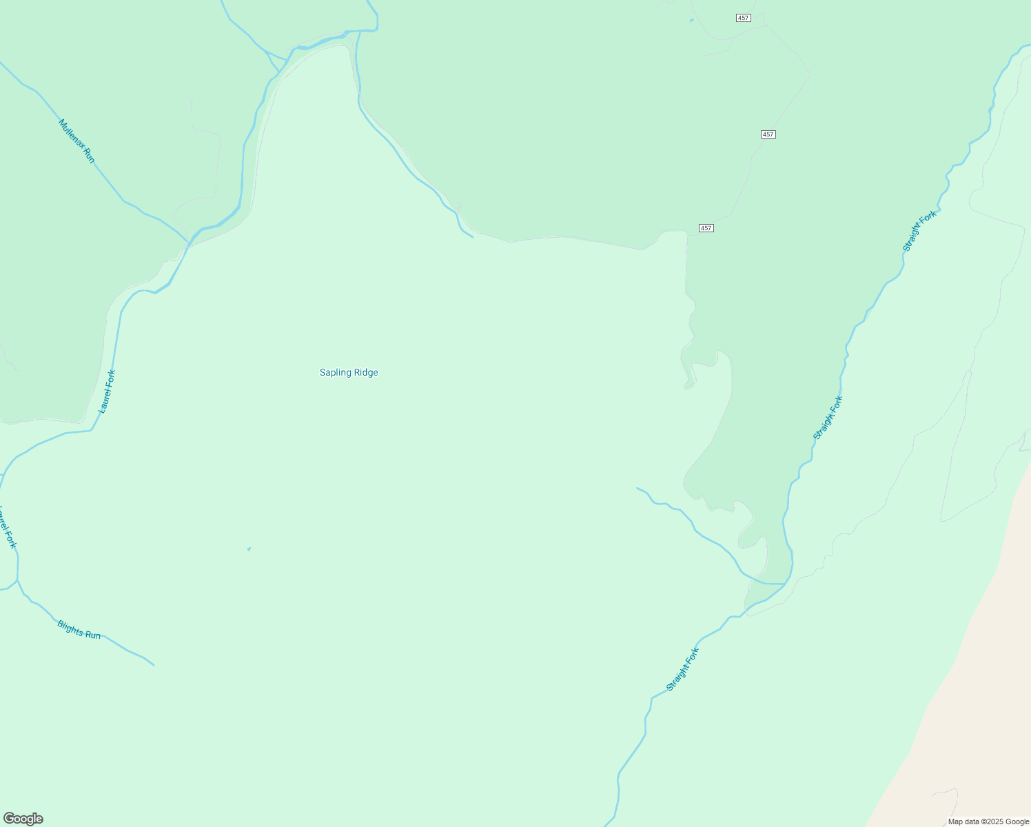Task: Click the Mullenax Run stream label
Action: (x=76, y=141)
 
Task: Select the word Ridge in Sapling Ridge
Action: (x=365, y=373)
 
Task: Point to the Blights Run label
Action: (x=79, y=630)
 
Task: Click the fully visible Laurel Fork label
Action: (x=107, y=391)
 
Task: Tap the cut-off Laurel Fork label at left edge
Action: (x=8, y=527)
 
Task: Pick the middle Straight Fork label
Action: (x=828, y=418)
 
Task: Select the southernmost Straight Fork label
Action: (x=682, y=669)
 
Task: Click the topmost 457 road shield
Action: (x=743, y=18)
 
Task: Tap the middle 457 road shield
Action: (x=768, y=134)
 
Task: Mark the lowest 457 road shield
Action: (x=706, y=228)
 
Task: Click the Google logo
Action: (x=23, y=819)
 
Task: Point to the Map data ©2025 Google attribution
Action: (x=988, y=821)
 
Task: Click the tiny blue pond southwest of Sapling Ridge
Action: (x=249, y=549)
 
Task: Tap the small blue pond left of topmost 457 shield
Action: (x=691, y=20)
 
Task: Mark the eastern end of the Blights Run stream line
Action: (x=153, y=665)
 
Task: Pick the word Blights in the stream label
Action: (x=70, y=627)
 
